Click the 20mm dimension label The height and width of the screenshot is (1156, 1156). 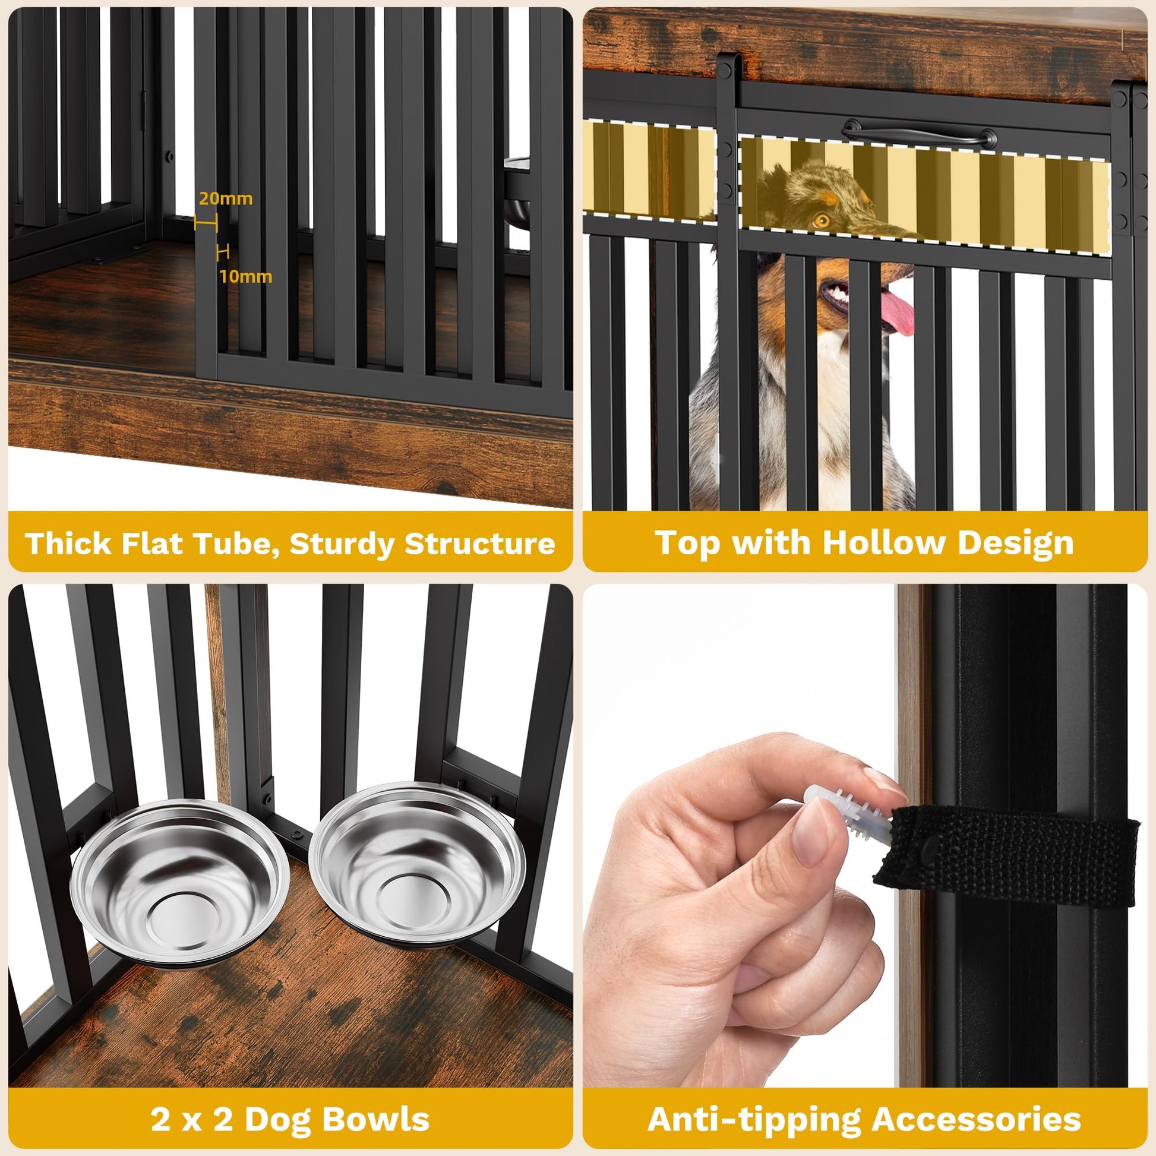point(226,198)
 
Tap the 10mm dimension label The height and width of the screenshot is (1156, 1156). point(245,276)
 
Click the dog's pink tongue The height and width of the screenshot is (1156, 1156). point(896,312)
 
